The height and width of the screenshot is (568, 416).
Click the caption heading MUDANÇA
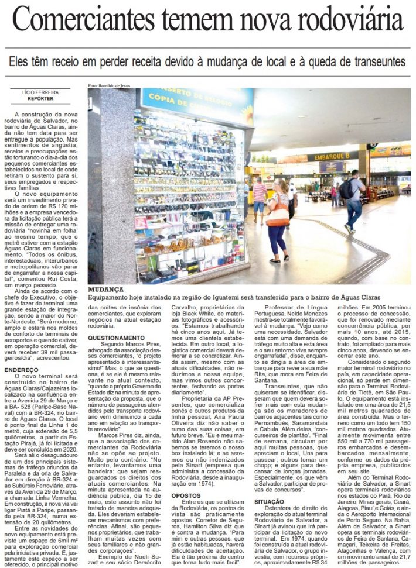[105, 290]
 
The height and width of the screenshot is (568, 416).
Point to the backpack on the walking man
[347, 188]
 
